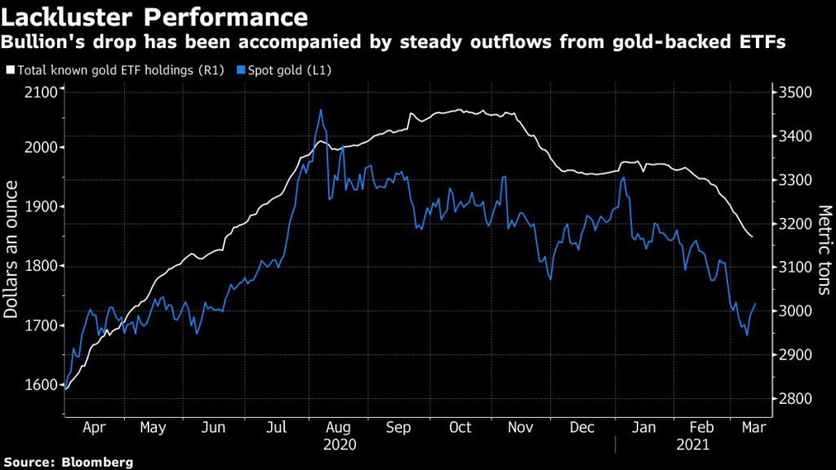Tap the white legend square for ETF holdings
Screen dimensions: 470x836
pyautogui.click(x=11, y=70)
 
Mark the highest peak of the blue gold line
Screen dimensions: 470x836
pyautogui.click(x=321, y=109)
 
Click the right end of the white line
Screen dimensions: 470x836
pyautogui.click(x=752, y=237)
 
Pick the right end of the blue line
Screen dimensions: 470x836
pyautogui.click(x=755, y=304)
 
